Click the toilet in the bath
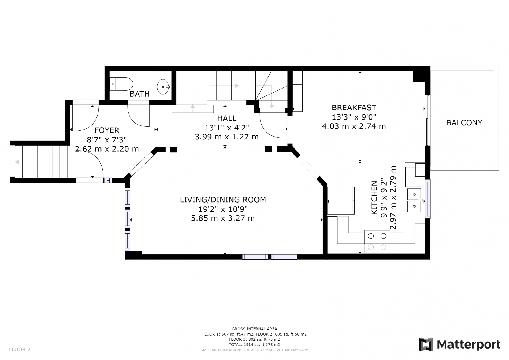pos(121,84)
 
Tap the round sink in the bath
pos(163,86)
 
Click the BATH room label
pos(140,94)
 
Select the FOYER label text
pos(107,130)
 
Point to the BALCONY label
pos(464,123)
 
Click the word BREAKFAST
pos(354,108)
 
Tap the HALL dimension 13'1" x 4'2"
pos(227,128)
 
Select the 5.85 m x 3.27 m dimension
pos(223,218)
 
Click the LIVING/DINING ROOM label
pos(223,200)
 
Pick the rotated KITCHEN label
pos(374,198)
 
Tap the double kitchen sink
pos(414,200)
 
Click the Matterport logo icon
pos(426,344)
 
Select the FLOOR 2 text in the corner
pos(20,349)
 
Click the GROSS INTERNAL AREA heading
pos(254,329)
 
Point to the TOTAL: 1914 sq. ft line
pos(254,345)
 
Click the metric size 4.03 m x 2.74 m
pos(354,126)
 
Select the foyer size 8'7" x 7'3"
pos(107,139)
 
